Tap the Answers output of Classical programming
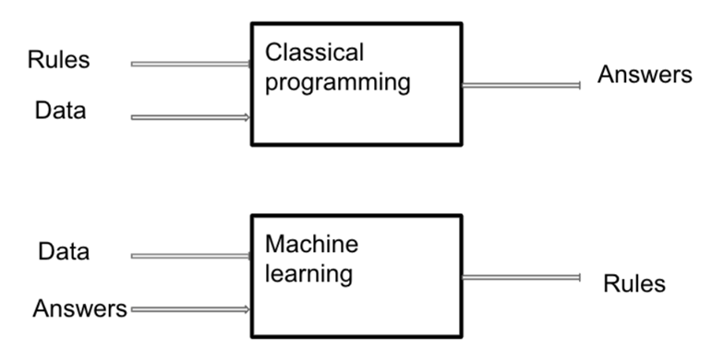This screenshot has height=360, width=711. click(x=645, y=75)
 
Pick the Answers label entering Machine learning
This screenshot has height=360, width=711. click(x=78, y=308)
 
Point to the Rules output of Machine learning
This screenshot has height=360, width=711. click(x=633, y=283)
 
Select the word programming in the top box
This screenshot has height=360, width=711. click(x=337, y=84)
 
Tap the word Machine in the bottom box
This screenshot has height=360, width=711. click(x=311, y=245)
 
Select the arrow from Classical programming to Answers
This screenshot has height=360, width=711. click(x=521, y=85)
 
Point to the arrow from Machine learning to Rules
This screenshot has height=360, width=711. click(x=521, y=277)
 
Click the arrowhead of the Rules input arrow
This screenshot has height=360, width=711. click(x=248, y=64)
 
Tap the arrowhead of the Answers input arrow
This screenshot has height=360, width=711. click(x=248, y=309)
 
